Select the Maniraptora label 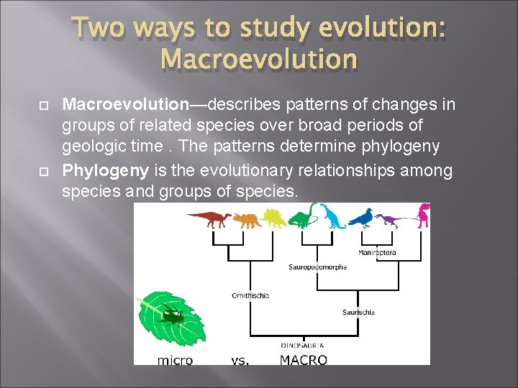pos(377,252)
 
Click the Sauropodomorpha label pos(317,267)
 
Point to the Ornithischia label pos(250,295)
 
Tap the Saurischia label pos(358,312)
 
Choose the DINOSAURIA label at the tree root pos(302,346)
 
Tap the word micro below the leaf pos(175,360)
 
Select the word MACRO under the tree pos(303,360)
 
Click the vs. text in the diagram pos(240,360)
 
